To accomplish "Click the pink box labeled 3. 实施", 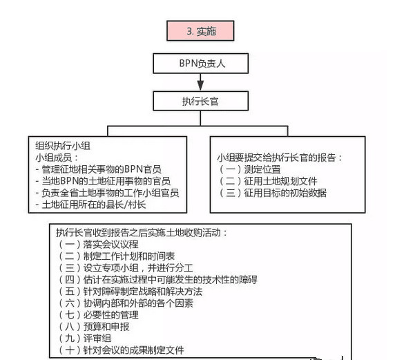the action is [200, 31].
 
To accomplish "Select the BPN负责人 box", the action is [200, 64].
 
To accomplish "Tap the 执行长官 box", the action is [200, 101].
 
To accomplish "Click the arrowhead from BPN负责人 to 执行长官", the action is [200, 86].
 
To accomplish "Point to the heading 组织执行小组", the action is [63, 146].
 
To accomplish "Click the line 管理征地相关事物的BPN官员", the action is [98, 169].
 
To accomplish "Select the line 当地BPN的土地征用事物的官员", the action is [103, 181].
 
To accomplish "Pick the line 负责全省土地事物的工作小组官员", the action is [107, 193].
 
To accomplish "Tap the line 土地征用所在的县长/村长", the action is [90, 205].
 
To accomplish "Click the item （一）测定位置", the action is [249, 169].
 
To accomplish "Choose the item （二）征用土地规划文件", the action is [267, 181].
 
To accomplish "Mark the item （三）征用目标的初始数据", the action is [272, 193].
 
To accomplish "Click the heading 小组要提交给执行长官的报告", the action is [280, 158].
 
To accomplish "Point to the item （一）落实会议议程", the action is [98, 244].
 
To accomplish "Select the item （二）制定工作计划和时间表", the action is [116, 256].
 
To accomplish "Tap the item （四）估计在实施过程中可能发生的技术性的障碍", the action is [157, 280].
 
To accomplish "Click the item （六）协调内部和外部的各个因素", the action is [125, 303].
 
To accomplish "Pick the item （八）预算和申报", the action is [93, 327].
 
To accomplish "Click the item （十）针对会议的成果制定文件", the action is [120, 350].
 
